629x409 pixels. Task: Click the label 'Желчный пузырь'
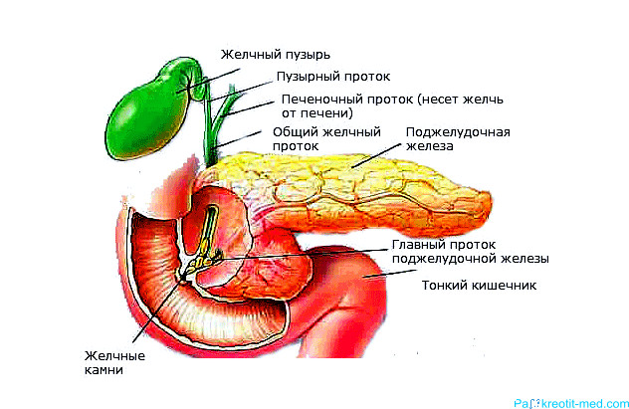(x=275, y=55)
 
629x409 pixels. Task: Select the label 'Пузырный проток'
(x=333, y=77)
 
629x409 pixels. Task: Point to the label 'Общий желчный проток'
(x=326, y=138)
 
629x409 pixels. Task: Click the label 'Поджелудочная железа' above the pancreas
(x=458, y=138)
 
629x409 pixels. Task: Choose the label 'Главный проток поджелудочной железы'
(x=470, y=252)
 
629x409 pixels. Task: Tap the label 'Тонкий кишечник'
(x=479, y=285)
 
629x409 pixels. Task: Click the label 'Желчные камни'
(x=114, y=362)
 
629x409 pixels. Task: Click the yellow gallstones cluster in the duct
(x=204, y=261)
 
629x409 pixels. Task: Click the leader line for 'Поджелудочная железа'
(x=376, y=155)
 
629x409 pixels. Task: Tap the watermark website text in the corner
(x=571, y=403)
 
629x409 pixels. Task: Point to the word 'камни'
(x=104, y=370)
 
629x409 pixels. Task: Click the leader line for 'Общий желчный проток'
(x=238, y=139)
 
